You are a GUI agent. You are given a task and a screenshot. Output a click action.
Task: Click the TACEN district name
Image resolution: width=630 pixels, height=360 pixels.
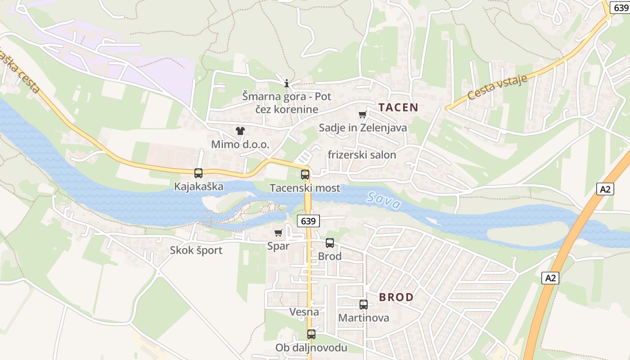point(398,107)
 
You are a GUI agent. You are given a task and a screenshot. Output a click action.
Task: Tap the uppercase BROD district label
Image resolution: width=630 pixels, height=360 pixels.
point(396,297)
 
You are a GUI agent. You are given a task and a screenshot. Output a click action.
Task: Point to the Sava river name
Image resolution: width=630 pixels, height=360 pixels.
point(383,201)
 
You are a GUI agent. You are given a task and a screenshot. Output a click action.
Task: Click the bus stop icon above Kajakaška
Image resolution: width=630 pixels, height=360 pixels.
point(198,173)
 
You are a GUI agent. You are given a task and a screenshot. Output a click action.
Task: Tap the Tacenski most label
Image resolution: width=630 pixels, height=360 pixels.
point(305,188)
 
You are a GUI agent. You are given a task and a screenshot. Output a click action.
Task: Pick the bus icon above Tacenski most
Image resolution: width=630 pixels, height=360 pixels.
point(305,175)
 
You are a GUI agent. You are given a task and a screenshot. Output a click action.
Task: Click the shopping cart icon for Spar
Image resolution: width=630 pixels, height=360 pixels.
point(278,233)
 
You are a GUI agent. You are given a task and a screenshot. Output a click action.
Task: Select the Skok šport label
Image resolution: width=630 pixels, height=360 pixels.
point(196,250)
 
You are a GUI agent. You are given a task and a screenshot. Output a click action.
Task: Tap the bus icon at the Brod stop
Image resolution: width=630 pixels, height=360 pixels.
point(330,243)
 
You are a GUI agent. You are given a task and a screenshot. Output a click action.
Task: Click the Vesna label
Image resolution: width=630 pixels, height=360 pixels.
point(304,312)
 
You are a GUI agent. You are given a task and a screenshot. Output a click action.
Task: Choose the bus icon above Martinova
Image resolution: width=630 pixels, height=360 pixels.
point(364,305)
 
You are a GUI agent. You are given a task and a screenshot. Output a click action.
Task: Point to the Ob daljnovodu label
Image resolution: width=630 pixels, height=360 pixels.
point(311,347)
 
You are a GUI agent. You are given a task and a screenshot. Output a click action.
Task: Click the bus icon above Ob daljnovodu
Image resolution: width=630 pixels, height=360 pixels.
point(311,334)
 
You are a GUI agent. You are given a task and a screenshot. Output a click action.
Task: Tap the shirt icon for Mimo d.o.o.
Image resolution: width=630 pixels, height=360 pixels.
point(240,131)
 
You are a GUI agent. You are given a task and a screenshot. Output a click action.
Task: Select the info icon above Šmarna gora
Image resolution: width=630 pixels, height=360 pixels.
point(287,83)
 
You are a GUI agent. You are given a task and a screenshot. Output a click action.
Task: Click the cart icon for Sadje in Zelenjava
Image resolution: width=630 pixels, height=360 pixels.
point(363,114)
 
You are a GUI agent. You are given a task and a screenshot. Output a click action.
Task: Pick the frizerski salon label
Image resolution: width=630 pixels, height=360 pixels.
point(362,155)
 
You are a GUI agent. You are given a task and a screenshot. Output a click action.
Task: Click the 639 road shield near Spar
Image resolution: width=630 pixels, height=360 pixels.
point(308,221)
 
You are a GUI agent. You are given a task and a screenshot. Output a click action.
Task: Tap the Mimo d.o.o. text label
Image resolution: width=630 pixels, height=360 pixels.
point(240,144)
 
